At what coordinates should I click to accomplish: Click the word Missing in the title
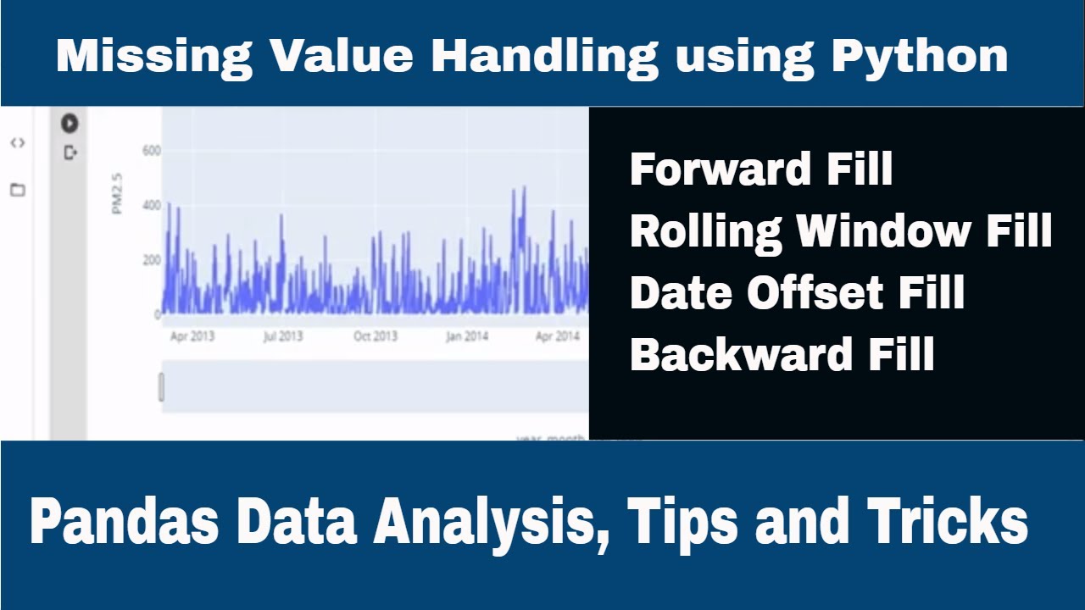click(x=153, y=57)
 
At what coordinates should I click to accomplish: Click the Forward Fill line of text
click(x=761, y=169)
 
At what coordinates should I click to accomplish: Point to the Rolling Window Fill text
click(x=841, y=230)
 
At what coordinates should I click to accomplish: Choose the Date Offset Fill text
click(x=797, y=293)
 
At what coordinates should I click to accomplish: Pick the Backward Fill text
click(x=782, y=354)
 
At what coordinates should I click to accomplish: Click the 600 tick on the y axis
click(x=151, y=151)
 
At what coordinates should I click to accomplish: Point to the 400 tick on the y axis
click(x=151, y=205)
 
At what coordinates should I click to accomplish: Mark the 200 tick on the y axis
click(x=151, y=259)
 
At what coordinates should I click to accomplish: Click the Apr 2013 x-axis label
click(x=192, y=336)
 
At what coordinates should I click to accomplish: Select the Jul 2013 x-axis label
click(x=282, y=336)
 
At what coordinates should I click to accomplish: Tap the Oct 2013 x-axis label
click(x=375, y=336)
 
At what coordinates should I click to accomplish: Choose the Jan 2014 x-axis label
click(x=466, y=336)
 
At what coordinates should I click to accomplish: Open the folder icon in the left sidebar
click(x=17, y=190)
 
